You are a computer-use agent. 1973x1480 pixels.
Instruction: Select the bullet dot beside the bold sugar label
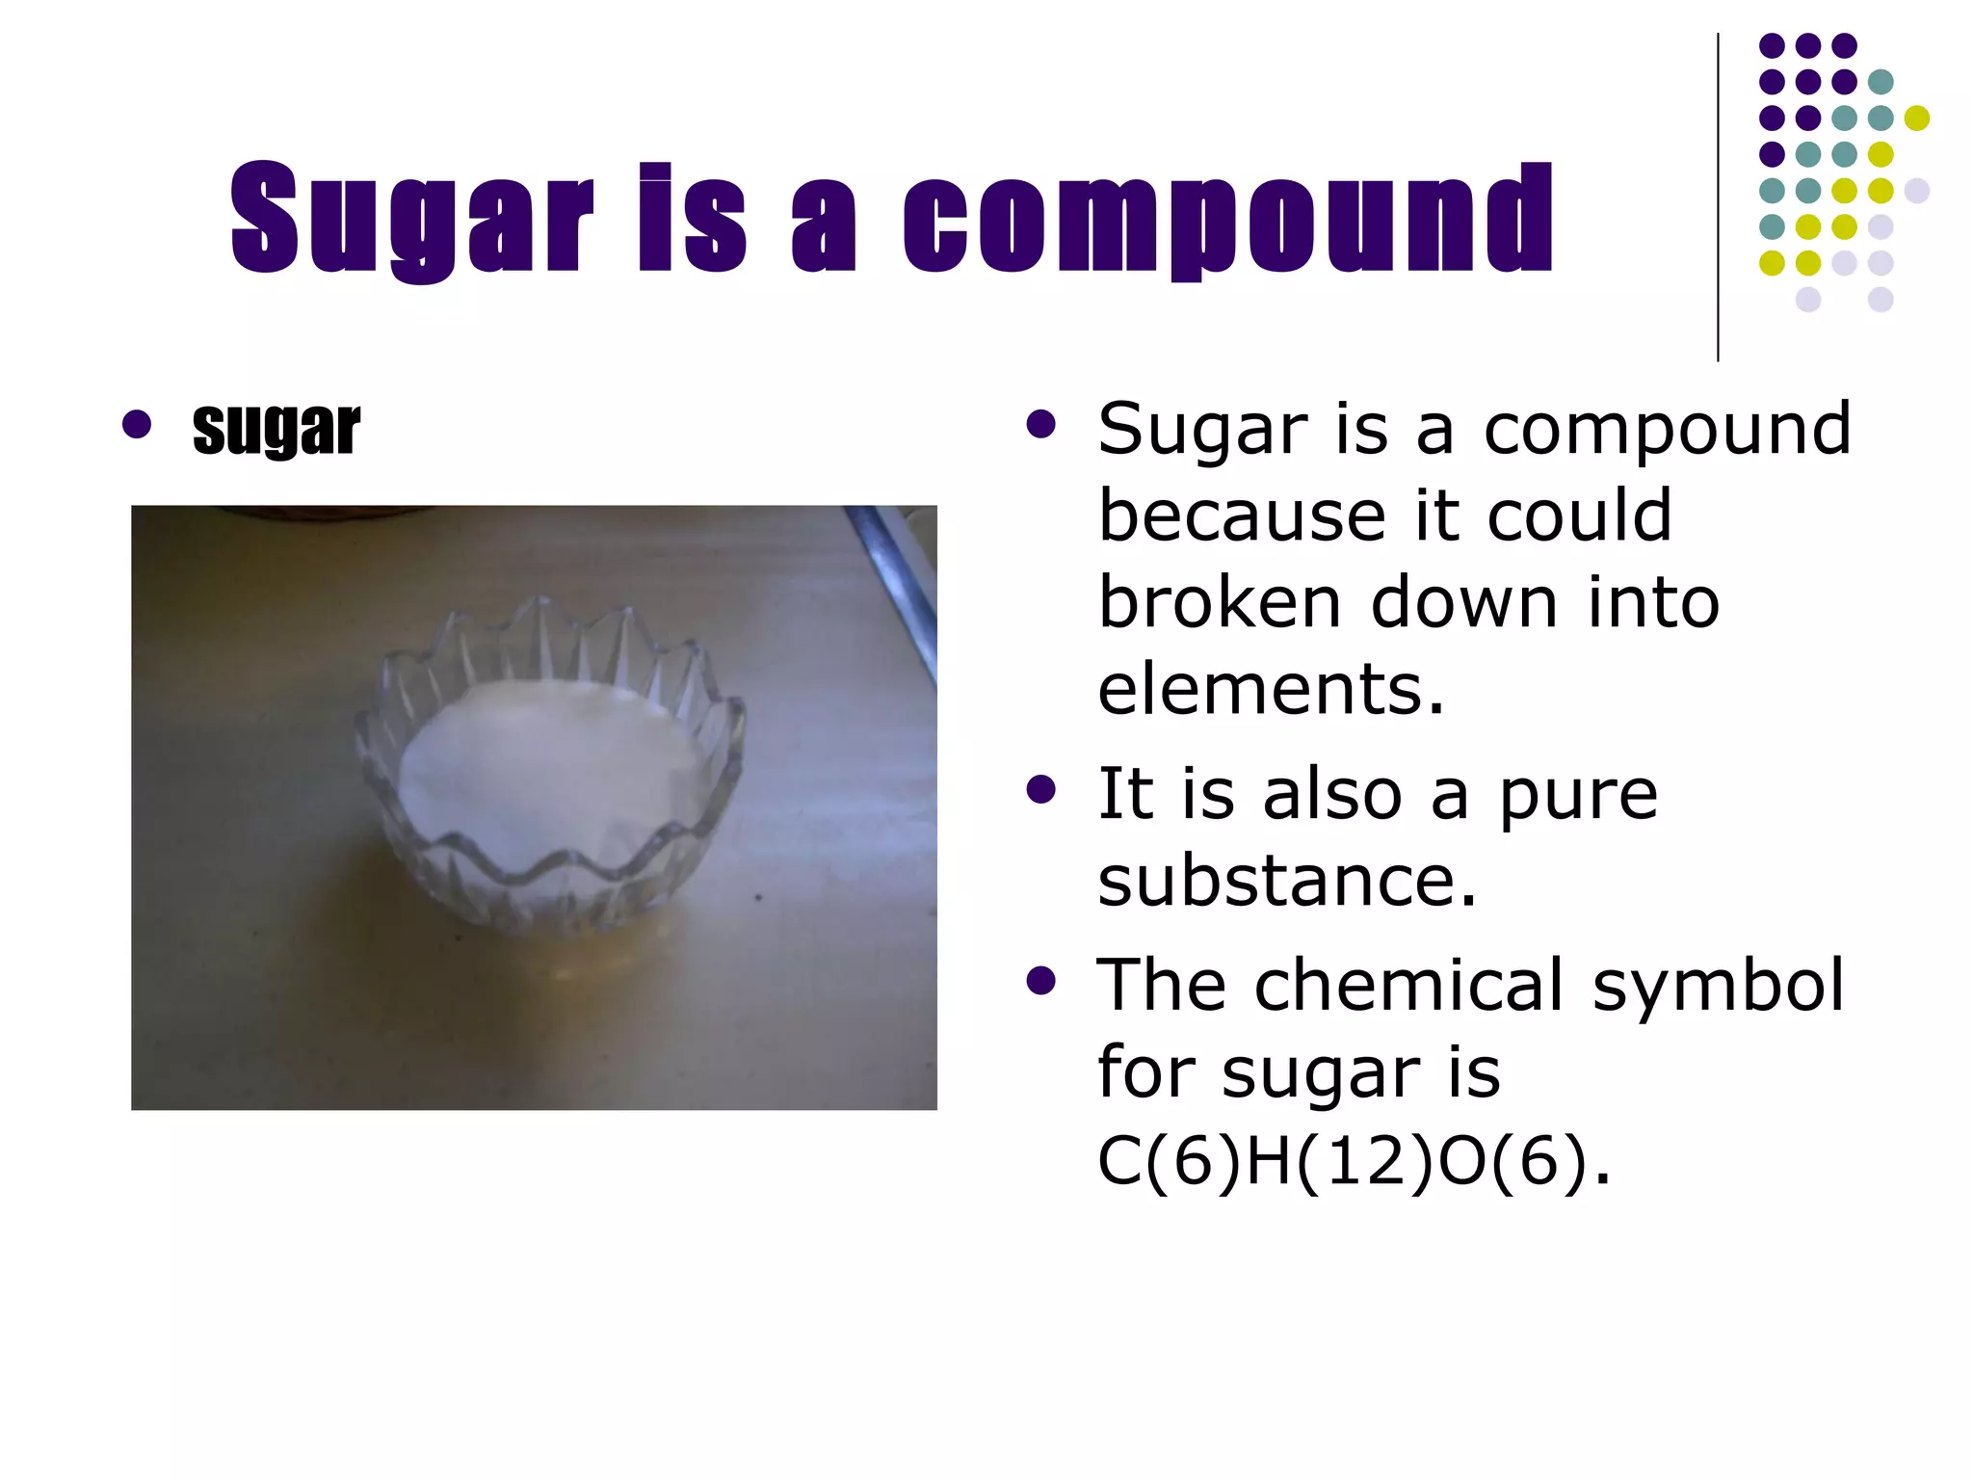point(137,424)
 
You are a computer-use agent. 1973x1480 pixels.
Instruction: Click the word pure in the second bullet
point(1577,796)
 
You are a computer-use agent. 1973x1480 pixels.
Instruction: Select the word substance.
point(1286,881)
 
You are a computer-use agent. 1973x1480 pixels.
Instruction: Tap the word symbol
point(1718,987)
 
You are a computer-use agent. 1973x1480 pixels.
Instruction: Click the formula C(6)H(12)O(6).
point(1353,1160)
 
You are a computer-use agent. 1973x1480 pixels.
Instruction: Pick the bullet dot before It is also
point(1040,790)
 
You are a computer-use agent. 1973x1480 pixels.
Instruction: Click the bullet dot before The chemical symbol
point(1040,982)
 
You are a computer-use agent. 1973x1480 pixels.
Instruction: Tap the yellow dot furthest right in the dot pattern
point(1916,118)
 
